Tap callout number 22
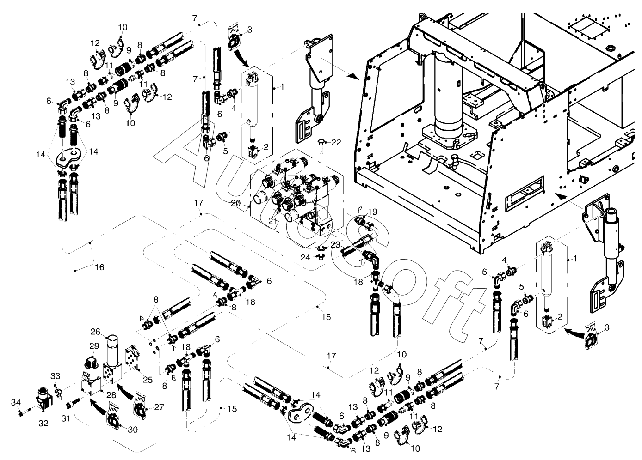336,142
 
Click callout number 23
335,244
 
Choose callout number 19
372,212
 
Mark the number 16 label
99,267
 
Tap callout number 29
94,346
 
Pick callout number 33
55,376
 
